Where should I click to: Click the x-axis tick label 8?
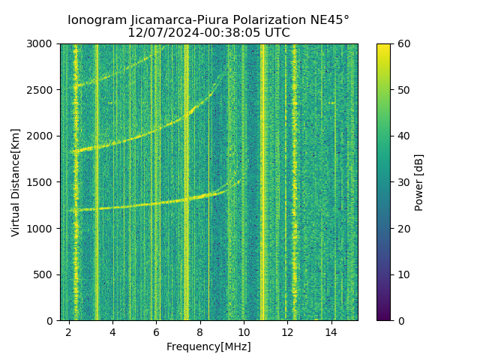200,331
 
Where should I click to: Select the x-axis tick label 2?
69,331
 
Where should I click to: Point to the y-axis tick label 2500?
41,90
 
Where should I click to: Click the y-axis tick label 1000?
41,229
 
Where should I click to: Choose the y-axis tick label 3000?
41,44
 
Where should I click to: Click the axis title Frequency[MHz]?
208,346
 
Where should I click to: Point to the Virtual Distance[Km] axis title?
16,182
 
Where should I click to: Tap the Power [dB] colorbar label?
419,182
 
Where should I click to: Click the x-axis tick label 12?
288,331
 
